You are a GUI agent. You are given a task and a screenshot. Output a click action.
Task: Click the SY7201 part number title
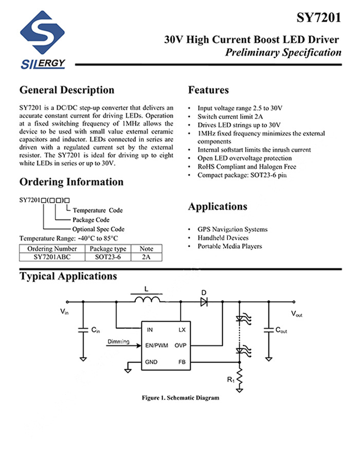318,19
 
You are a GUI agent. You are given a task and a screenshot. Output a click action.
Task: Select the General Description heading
67,90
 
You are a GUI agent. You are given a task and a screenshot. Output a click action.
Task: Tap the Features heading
208,90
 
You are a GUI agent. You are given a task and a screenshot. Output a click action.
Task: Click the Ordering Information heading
71,182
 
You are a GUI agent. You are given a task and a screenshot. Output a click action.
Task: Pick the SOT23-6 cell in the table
108,257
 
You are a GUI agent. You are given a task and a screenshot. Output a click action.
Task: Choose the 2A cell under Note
146,257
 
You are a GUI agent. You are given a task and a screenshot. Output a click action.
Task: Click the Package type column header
108,249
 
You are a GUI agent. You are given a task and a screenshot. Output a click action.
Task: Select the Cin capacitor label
96,331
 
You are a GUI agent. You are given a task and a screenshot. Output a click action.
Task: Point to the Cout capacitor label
281,331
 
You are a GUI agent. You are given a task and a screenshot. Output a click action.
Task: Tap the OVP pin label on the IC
180,346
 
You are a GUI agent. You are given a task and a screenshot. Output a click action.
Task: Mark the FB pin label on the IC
182,361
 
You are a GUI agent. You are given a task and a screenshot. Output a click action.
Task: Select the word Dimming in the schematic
118,342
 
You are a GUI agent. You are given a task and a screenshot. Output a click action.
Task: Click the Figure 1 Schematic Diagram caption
181,398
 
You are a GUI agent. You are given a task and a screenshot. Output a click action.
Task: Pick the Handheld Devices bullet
223,238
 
